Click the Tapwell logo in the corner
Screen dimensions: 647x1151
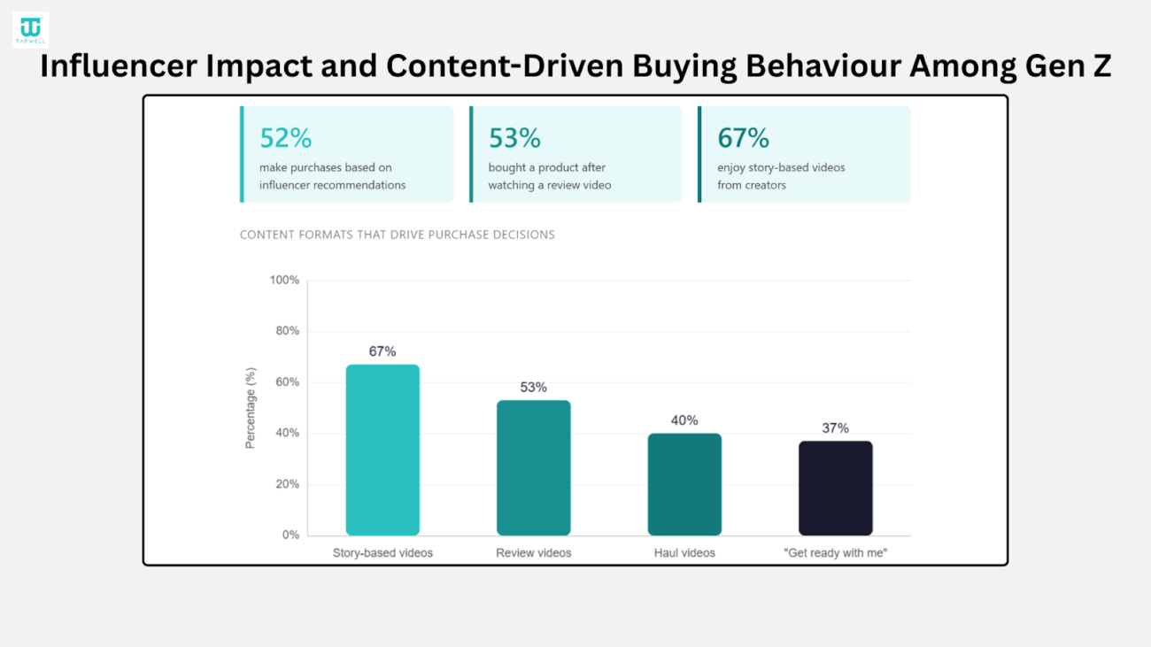click(x=30, y=30)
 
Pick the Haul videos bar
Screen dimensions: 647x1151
click(x=684, y=484)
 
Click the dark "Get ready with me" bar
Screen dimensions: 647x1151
click(x=835, y=488)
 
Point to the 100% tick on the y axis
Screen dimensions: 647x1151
click(x=284, y=281)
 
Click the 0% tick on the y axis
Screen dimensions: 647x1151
click(x=290, y=535)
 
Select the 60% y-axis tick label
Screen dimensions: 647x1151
click(x=287, y=382)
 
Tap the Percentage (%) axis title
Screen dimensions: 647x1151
click(x=251, y=408)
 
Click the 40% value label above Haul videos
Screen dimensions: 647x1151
click(x=684, y=420)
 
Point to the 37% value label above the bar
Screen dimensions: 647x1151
click(x=835, y=428)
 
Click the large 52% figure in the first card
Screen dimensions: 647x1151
click(x=285, y=138)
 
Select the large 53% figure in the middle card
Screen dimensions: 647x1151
click(x=514, y=138)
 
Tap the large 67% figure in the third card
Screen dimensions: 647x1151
click(x=743, y=138)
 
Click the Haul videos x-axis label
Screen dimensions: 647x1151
click(x=684, y=553)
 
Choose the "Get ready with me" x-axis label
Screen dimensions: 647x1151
click(x=835, y=553)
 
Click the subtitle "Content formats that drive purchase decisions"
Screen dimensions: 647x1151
click(x=397, y=235)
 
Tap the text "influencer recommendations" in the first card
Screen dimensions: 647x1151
click(x=332, y=185)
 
